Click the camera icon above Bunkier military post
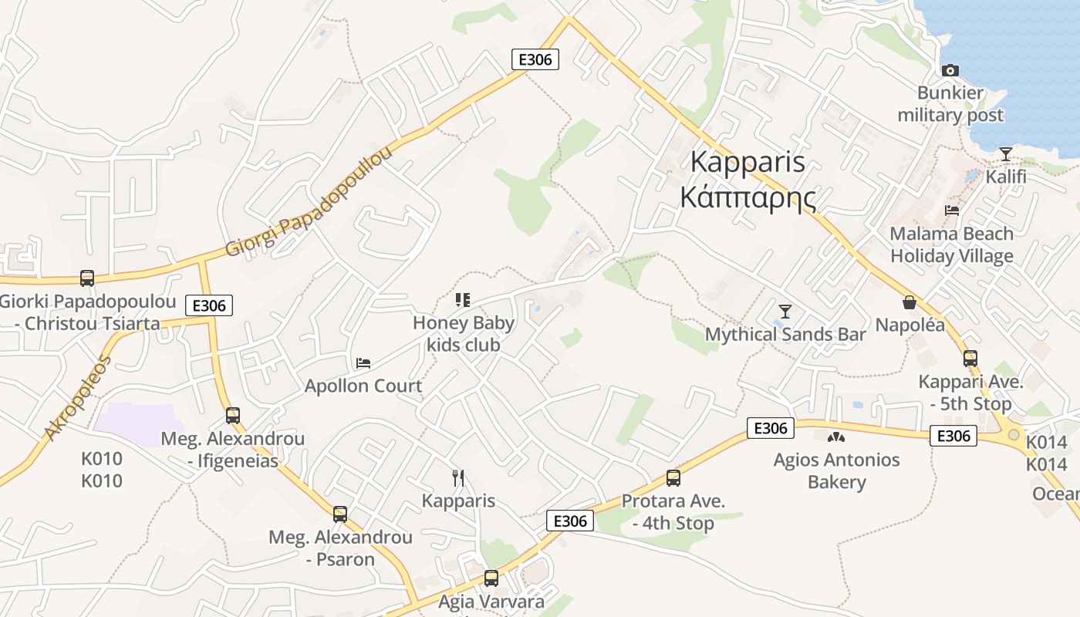coord(950,70)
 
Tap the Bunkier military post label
coord(950,105)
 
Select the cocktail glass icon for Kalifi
coord(1005,154)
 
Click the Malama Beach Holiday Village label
coord(952,244)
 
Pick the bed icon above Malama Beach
coord(952,210)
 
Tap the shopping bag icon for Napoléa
coord(910,302)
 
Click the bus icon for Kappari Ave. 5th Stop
coord(970,359)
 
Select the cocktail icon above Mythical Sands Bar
coord(785,312)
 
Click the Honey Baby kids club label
coord(464,334)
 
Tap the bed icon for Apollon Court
coord(363,362)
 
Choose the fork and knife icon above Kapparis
coord(458,478)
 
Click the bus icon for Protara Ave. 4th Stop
coord(673,478)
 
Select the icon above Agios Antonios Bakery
coord(836,437)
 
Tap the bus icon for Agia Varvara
coord(491,578)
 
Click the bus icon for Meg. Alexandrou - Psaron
coord(340,514)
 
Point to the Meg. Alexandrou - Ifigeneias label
coord(232,450)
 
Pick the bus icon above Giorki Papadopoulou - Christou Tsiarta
coord(87,278)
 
